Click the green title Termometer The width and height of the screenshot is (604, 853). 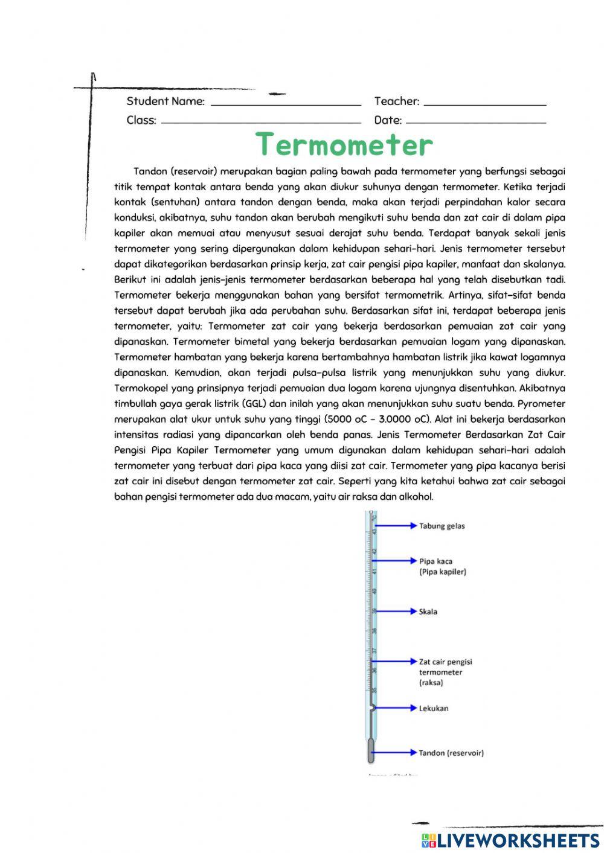344,145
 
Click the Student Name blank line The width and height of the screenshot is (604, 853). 285,104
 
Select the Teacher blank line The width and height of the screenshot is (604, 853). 484,104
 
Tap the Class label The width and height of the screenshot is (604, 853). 141,120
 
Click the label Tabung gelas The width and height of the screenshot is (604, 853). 442,526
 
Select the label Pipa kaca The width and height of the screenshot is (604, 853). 436,561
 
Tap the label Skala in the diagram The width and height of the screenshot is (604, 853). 428,612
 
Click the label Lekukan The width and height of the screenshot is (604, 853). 434,708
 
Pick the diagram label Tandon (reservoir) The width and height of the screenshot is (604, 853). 451,753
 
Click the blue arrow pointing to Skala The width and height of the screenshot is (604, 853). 396,612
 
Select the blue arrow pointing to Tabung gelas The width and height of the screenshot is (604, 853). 396,526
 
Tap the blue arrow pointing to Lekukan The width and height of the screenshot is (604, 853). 396,708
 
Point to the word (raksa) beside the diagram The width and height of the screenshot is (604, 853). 431,683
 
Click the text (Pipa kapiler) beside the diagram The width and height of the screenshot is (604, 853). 443,572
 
